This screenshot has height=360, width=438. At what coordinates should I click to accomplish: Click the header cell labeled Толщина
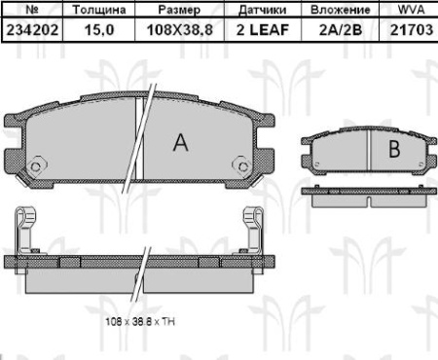tap(97, 10)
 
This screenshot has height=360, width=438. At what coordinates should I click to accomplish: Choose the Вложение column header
tap(334, 10)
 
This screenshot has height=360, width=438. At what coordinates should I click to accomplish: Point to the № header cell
tap(32, 10)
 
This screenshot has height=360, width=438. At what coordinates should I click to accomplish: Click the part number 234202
tap(32, 30)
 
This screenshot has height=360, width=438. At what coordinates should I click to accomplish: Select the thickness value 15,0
tap(97, 30)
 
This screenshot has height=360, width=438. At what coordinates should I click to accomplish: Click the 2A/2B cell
tap(334, 30)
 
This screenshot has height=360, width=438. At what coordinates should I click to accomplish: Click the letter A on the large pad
tap(180, 143)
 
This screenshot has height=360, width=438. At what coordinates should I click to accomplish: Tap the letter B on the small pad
tap(394, 150)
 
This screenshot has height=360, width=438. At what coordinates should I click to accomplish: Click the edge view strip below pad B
tap(365, 198)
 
